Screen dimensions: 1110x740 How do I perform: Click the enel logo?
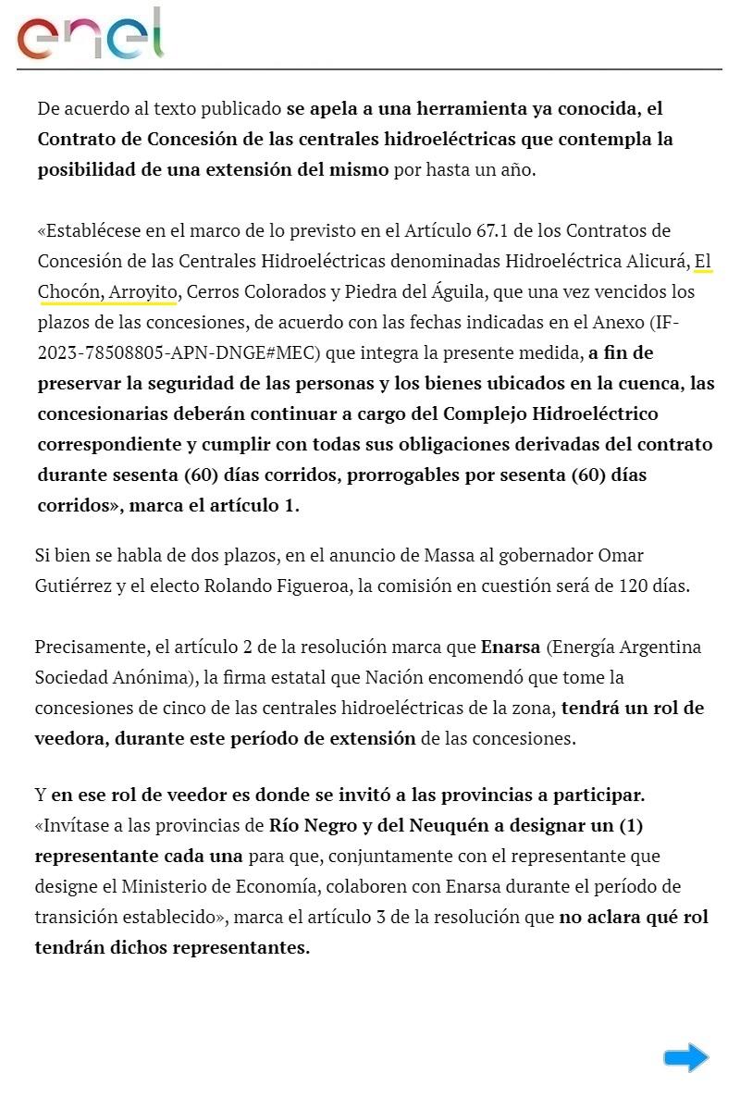pyautogui.click(x=90, y=35)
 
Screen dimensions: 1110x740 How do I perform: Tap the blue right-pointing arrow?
pyautogui.click(x=685, y=1057)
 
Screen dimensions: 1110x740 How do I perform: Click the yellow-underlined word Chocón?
pyautogui.click(x=70, y=291)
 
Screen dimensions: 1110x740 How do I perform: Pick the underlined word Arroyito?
pyautogui.click(x=142, y=291)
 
